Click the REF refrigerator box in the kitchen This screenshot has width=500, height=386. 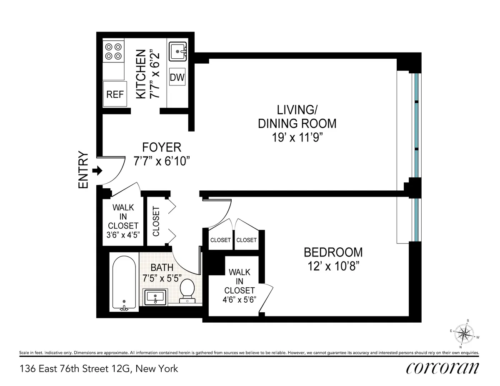(x=115, y=94)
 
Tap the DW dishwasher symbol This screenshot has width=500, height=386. (x=177, y=77)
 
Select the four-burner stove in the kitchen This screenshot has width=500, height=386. (x=113, y=52)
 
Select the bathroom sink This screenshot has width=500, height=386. (x=155, y=297)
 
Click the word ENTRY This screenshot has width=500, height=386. (x=84, y=170)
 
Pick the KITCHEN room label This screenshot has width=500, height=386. (x=142, y=74)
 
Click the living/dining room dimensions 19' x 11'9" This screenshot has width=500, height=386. (x=297, y=137)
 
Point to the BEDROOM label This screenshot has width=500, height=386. (x=333, y=252)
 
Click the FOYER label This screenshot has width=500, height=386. (x=162, y=147)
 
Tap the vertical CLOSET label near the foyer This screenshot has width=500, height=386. (x=157, y=221)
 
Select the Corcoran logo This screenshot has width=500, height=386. (x=442, y=368)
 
